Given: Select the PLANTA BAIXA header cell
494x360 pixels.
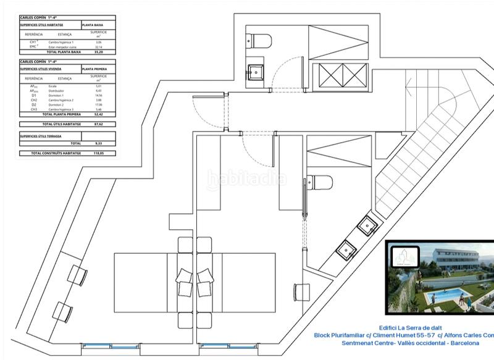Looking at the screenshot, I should [x=92, y=25].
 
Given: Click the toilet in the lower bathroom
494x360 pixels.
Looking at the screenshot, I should [x=320, y=182].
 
